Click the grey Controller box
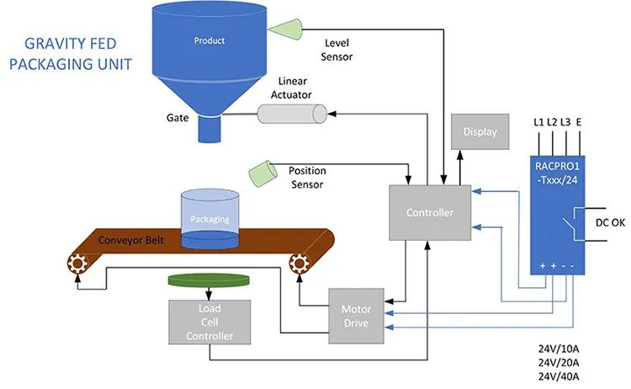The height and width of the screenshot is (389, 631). tap(430, 212)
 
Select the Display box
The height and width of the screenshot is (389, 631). tap(480, 131)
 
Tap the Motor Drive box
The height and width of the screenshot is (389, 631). tap(356, 315)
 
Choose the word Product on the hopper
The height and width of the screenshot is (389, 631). tap(209, 40)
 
